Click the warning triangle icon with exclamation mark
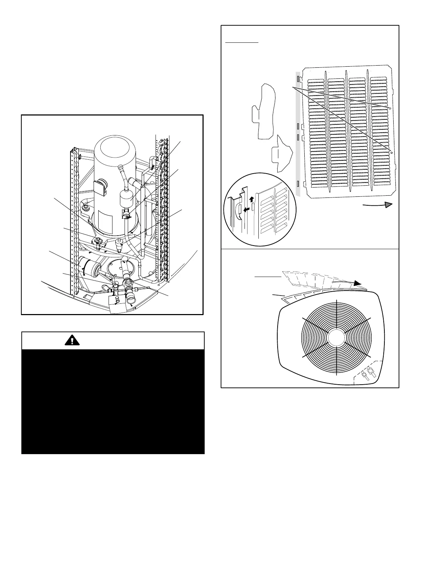click(72, 340)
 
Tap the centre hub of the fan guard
click(336, 338)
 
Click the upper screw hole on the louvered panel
click(390, 108)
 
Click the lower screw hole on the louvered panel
click(392, 152)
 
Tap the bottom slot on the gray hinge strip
click(298, 183)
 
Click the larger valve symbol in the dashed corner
click(372, 374)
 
